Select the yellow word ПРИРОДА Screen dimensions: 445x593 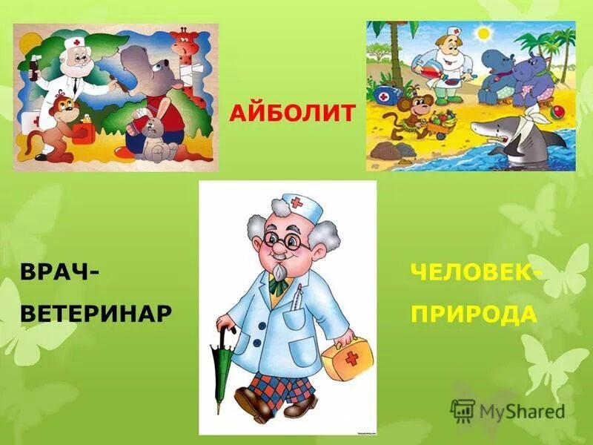[474, 314]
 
